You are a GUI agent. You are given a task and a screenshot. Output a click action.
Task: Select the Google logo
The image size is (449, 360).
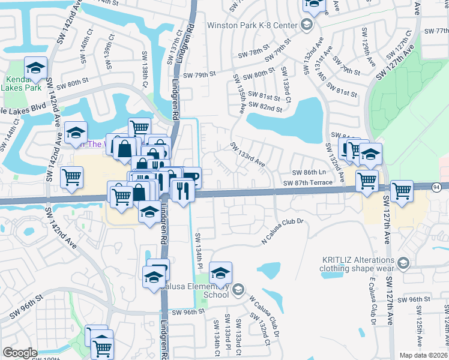(x=19, y=353)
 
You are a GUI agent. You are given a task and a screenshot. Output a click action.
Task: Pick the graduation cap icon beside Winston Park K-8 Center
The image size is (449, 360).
(x=307, y=25)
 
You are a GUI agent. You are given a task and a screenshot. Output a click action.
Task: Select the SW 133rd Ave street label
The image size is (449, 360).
(x=247, y=154)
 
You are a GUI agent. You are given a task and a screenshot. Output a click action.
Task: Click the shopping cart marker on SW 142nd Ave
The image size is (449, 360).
(x=72, y=178)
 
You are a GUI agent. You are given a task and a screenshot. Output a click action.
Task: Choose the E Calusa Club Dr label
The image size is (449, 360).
(x=372, y=298)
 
